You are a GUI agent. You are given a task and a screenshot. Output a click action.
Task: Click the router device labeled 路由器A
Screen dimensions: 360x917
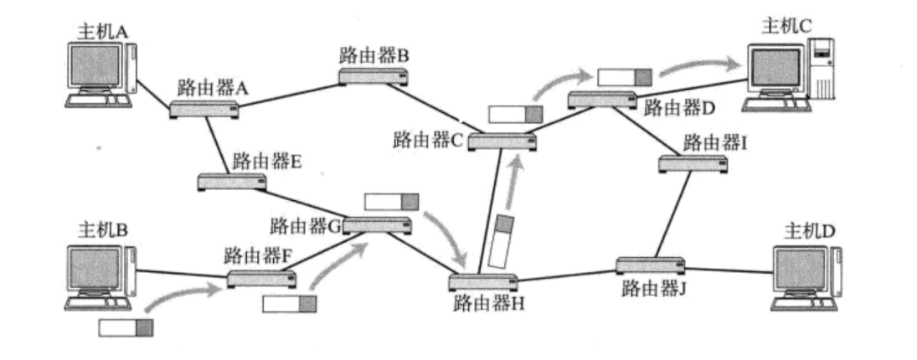tap(204, 109)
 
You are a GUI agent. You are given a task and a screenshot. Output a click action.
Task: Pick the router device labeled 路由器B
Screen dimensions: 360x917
tap(373, 77)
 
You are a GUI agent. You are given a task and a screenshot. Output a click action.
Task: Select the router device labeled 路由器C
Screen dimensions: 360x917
tap(501, 142)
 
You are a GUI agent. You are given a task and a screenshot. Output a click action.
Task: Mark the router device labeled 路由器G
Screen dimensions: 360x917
tap(377, 224)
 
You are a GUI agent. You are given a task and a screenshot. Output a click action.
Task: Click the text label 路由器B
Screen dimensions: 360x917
tap(373, 56)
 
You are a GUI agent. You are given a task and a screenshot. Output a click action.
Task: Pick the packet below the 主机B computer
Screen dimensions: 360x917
tap(126, 327)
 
